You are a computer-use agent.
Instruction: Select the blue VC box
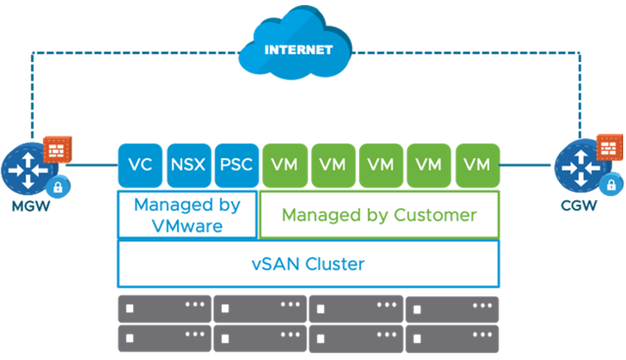140,165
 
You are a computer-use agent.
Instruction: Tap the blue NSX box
188,165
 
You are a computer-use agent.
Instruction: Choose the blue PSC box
236,165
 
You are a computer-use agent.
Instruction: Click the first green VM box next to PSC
284,165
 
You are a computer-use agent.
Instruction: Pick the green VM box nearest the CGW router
477,165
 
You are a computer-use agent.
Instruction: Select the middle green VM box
381,165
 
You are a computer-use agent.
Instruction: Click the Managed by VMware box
187,215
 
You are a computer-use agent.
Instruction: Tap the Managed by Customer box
379,215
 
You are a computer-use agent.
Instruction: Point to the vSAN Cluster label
308,264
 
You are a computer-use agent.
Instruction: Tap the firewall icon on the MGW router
57,148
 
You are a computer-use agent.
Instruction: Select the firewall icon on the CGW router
609,148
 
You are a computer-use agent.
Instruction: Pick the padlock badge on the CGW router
611,185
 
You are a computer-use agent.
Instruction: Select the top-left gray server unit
164,309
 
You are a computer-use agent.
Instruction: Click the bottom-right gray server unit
452,338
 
